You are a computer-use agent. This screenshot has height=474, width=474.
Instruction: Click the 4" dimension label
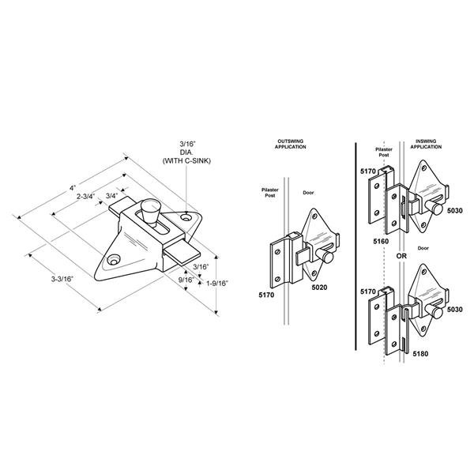72,188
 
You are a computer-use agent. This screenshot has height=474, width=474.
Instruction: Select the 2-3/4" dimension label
86,197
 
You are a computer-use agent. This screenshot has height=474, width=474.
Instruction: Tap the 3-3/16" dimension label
62,279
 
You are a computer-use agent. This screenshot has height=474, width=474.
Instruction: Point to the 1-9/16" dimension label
217,284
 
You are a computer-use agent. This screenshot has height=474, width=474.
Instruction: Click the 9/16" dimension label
186,280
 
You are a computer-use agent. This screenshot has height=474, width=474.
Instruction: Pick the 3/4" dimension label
111,196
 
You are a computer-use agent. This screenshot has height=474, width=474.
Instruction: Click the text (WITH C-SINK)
186,161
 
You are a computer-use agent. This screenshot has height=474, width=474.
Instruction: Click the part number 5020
319,288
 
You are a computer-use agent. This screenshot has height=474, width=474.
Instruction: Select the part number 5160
381,241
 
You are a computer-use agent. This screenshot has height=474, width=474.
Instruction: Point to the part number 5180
420,354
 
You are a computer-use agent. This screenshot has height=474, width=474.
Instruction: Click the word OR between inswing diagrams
401,256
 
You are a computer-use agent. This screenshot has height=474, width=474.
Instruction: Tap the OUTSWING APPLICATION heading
290,145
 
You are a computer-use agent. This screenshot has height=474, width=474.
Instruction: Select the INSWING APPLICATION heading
426,144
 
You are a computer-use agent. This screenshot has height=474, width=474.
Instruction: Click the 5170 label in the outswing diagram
266,295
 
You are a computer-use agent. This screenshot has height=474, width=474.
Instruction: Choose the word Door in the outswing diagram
308,193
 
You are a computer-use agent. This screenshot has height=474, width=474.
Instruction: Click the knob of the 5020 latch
325,256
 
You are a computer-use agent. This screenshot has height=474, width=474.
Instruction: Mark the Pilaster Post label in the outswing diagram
270,193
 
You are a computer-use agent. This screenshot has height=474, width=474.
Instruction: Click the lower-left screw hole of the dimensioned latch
114,260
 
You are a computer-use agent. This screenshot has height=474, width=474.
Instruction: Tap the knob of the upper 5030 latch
434,208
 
